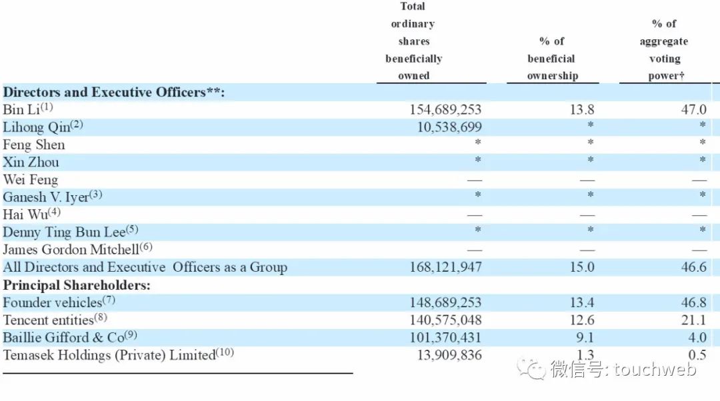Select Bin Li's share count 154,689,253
445,109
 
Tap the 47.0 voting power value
693,109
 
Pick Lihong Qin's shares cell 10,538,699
449,127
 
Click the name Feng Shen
34,145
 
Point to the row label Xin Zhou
31,162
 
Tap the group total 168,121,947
445,267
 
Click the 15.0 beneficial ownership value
581,267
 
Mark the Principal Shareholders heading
77,285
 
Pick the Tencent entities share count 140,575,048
445,320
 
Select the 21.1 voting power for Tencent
693,320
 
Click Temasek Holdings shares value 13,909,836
449,355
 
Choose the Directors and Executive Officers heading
113,92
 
